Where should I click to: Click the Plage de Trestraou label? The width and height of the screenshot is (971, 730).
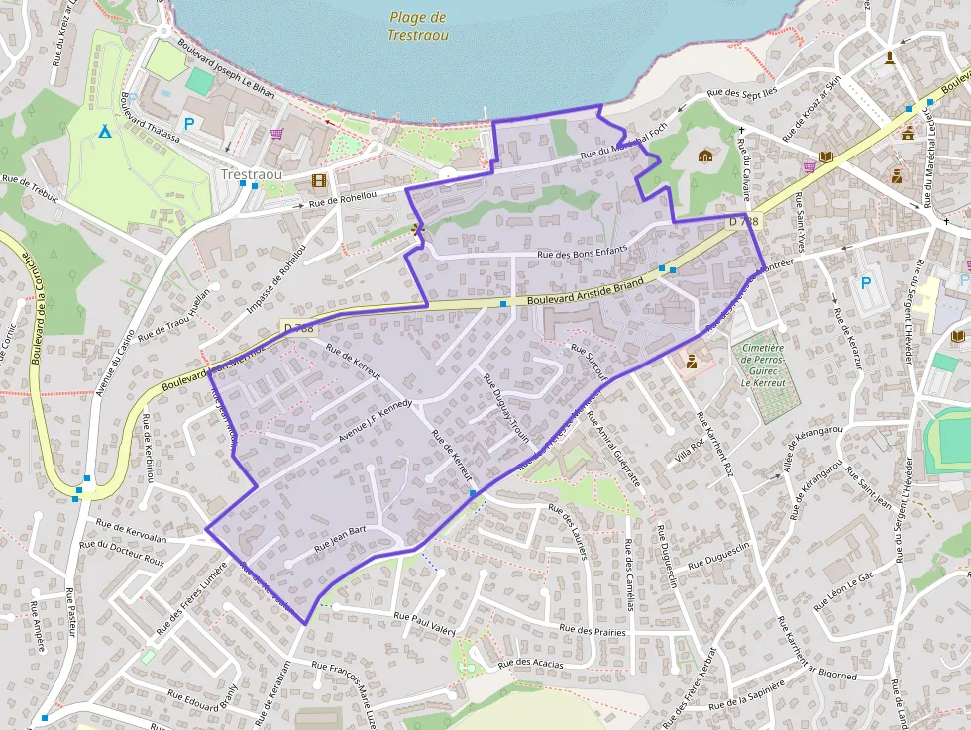418,26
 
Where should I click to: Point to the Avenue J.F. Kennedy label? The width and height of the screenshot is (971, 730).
375,420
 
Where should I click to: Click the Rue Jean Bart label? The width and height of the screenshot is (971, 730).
340,538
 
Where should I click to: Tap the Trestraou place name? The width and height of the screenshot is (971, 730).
251,174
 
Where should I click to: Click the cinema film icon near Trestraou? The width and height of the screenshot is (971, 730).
318,181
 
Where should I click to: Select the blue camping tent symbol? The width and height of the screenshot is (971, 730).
104,131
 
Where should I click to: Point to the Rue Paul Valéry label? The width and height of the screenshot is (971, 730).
424,622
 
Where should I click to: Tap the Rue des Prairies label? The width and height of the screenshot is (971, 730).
592,630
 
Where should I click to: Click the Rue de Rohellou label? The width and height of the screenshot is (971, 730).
343,200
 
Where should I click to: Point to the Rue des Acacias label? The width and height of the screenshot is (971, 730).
531,663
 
